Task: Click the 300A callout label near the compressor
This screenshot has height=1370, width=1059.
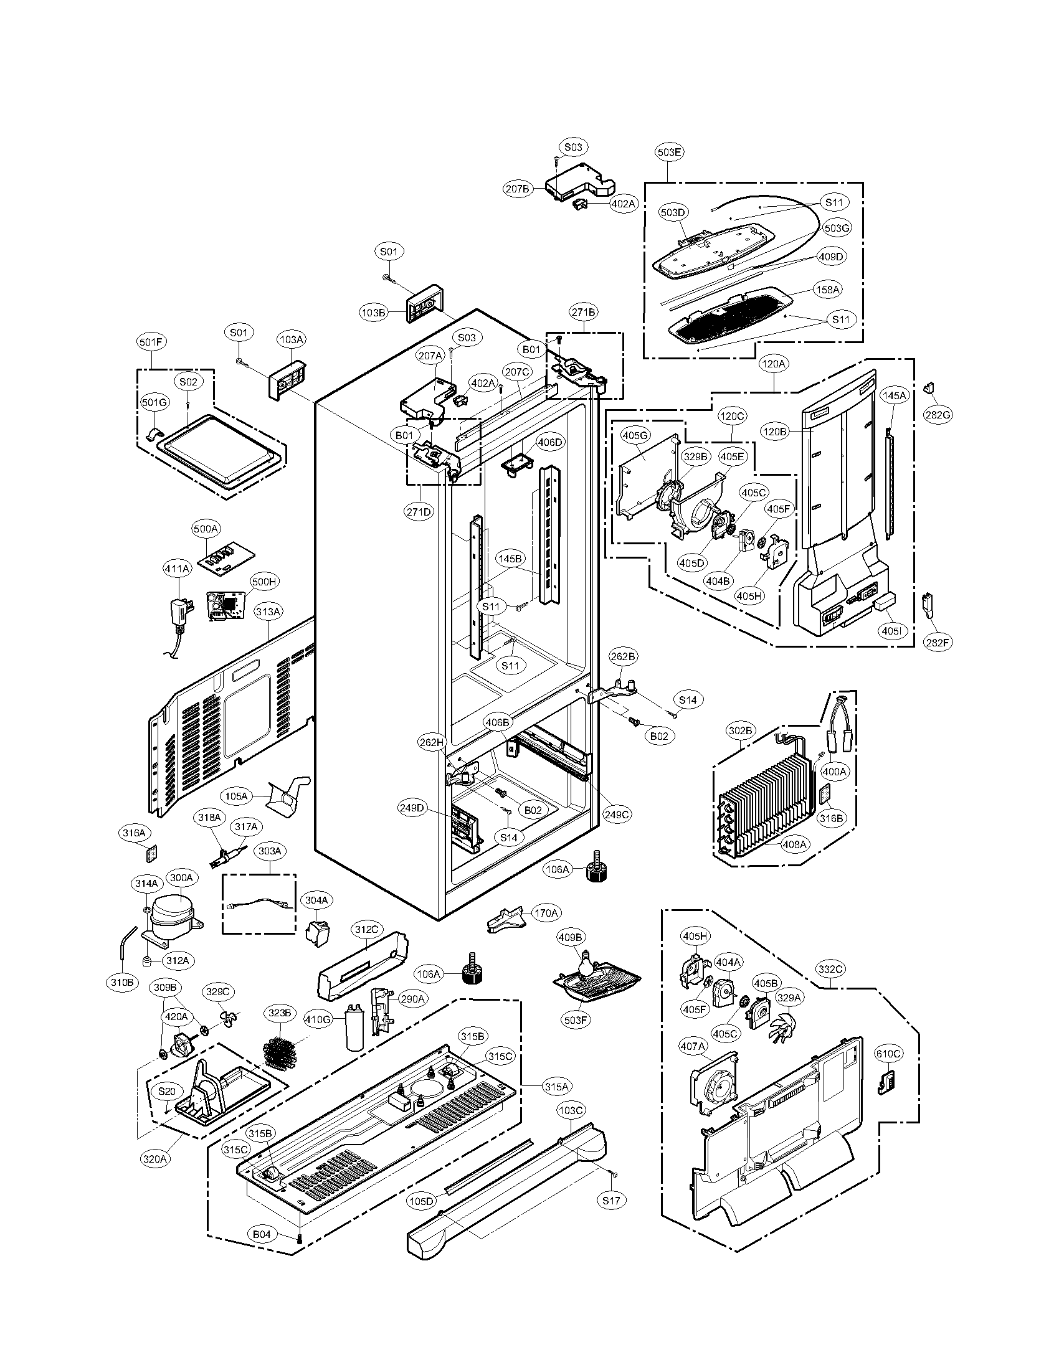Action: (x=181, y=877)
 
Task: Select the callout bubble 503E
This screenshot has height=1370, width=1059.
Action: (x=670, y=152)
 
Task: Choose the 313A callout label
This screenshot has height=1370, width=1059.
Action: (x=268, y=610)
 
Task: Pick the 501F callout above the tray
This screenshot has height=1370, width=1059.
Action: (x=151, y=342)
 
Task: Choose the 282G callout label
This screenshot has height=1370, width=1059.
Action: (x=938, y=415)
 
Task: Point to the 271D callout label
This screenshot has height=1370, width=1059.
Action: (x=419, y=511)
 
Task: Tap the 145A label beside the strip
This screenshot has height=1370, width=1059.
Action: (x=894, y=396)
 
